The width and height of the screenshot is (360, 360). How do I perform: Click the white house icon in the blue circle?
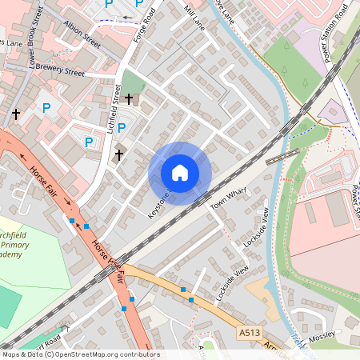[180, 173]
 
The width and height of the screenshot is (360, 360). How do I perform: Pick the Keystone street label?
[159, 205]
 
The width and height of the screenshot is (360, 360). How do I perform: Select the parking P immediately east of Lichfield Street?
[122, 127]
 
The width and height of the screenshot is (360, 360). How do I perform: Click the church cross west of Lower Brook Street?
[15, 114]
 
